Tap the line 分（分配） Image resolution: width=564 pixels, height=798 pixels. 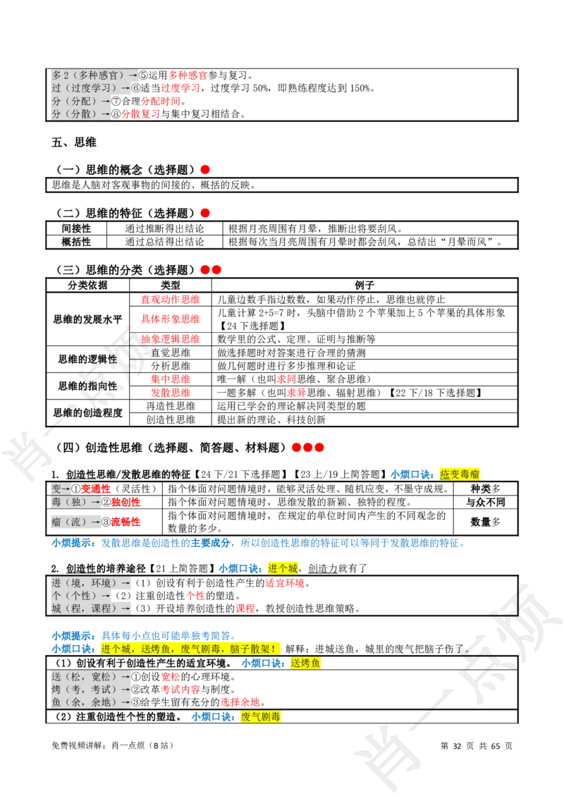[x=77, y=101]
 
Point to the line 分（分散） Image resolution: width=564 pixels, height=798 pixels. [x=77, y=113]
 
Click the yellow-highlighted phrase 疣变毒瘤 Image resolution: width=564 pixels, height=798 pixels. [x=459, y=474]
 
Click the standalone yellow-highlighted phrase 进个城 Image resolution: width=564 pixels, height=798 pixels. [x=283, y=568]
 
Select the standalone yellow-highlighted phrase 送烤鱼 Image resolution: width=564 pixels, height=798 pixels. [x=305, y=663]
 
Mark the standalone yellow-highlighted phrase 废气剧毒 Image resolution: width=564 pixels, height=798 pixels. [x=261, y=717]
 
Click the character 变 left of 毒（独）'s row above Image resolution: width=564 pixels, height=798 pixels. [x=56, y=488]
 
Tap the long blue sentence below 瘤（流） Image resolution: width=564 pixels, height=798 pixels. [x=258, y=544]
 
